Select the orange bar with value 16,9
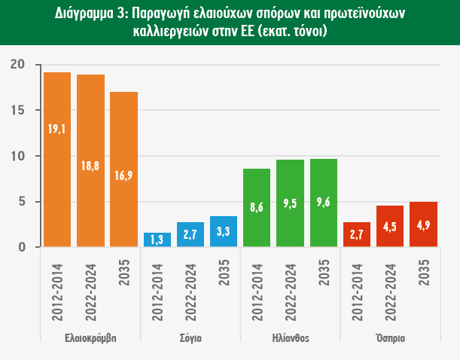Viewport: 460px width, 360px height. tap(123, 169)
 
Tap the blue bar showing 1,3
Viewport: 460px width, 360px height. tap(157, 239)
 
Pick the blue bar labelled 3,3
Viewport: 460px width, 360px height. tap(224, 231)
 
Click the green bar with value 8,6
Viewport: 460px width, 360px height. tap(257, 208)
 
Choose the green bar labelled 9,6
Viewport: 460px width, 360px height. tap(324, 203)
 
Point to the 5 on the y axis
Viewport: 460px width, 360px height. tap(23, 202)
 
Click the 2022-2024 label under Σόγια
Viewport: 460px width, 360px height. tap(191, 289)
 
